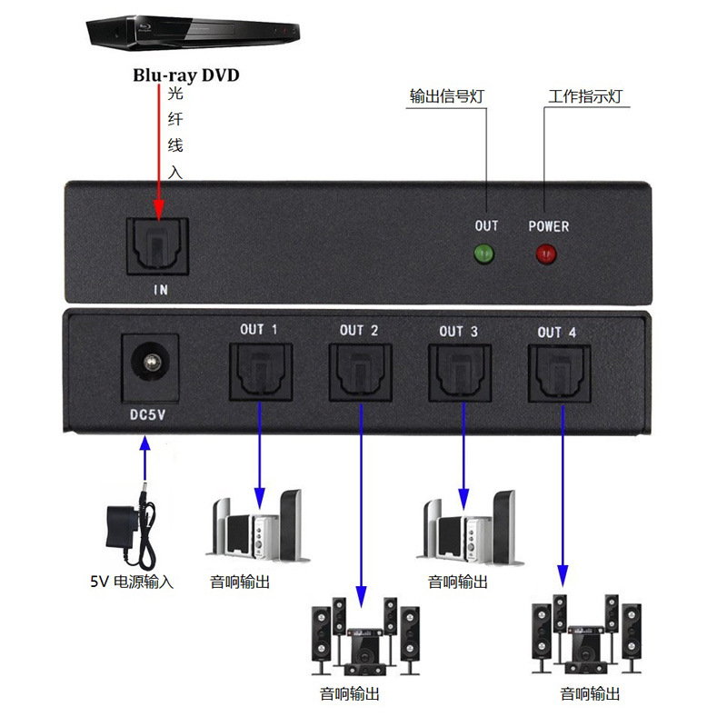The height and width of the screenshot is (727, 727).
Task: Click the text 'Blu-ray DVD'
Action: [185, 75]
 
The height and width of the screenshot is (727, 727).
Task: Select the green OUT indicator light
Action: [484, 254]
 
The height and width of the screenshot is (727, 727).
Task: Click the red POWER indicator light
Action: [546, 254]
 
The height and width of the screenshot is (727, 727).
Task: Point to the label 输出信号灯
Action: [445, 97]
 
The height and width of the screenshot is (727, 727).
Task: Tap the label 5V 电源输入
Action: [131, 582]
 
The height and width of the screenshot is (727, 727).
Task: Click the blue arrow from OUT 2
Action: [361, 509]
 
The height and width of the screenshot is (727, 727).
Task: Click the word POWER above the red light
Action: [548, 225]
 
